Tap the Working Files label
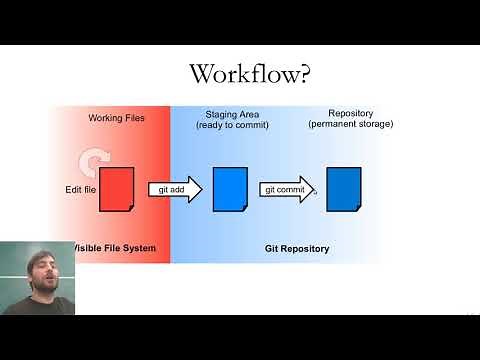(117, 118)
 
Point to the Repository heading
(350, 113)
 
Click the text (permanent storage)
(350, 124)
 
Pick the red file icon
(117, 189)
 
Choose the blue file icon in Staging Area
(229, 189)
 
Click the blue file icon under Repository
(343, 189)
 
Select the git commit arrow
(287, 189)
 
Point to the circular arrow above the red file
(94, 159)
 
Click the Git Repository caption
(296, 248)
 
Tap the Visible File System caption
(113, 248)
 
